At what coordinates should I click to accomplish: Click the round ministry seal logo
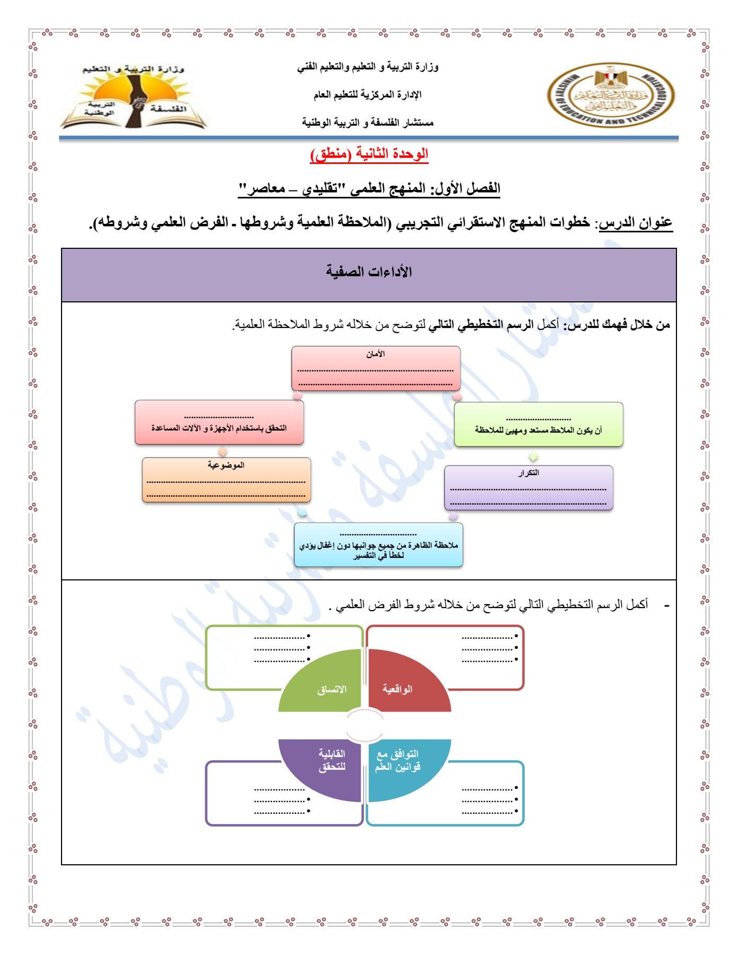pos(611,96)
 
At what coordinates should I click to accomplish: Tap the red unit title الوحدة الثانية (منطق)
pos(369,154)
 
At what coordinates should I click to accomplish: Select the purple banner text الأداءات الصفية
pos(369,272)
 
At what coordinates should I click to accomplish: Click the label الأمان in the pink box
pos(376,354)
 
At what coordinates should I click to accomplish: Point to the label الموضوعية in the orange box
pos(226,465)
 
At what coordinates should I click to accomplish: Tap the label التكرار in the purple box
pos(528,473)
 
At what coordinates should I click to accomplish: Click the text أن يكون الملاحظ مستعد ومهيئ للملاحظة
pos(539,430)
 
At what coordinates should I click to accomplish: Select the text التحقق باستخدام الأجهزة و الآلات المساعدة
pos(219,428)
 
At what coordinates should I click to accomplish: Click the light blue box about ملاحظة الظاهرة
pos(378,545)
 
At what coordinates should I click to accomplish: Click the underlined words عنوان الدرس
pos(636,223)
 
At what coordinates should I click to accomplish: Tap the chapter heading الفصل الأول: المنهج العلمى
pos(369,188)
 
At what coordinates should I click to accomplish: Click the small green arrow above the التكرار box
pos(534,457)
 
